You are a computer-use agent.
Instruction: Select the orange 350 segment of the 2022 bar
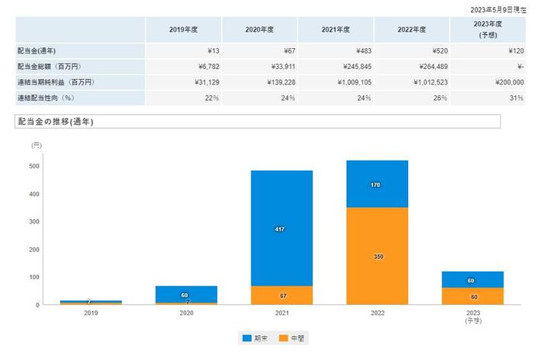click(378, 256)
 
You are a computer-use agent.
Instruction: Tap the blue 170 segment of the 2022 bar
click(378, 185)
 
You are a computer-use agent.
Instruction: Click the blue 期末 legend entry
click(254, 338)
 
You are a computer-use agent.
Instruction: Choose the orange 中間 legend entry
click(292, 338)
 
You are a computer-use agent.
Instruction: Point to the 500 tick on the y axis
click(34, 166)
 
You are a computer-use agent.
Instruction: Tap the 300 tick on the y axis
click(34, 222)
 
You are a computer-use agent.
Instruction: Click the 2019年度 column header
click(183, 29)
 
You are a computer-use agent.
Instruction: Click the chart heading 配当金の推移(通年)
click(55, 122)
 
